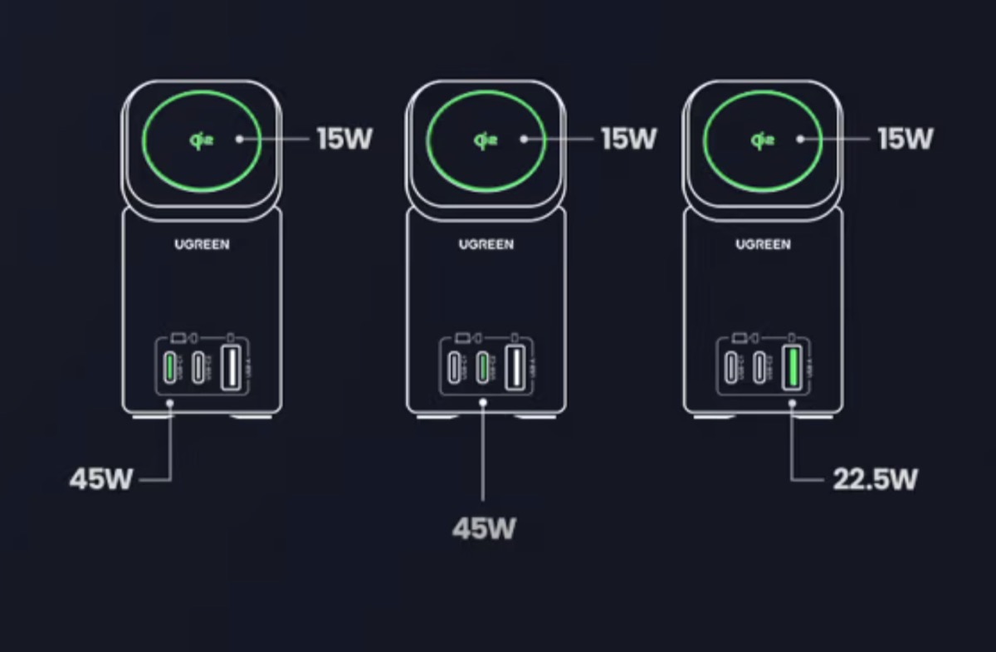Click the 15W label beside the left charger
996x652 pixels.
coord(344,139)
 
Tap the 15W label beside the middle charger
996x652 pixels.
coord(628,139)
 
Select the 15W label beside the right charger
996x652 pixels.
coord(906,139)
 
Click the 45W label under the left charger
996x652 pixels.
coord(100,479)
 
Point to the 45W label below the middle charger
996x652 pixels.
coord(483,529)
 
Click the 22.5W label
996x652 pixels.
coord(875,479)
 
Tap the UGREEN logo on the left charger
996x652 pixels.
coord(203,244)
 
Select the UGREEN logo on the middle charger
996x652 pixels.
coord(486,244)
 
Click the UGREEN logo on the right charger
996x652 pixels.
coord(763,244)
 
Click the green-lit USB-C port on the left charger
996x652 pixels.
coord(170,367)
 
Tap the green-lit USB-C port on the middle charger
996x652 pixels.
coord(481,367)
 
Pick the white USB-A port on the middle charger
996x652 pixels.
coord(514,367)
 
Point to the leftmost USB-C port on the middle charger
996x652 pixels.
coord(453,367)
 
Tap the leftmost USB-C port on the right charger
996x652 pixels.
coord(730,367)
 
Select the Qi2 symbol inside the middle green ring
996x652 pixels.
coord(484,140)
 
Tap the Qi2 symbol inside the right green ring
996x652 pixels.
coord(761,140)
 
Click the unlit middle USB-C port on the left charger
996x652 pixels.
coord(198,367)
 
